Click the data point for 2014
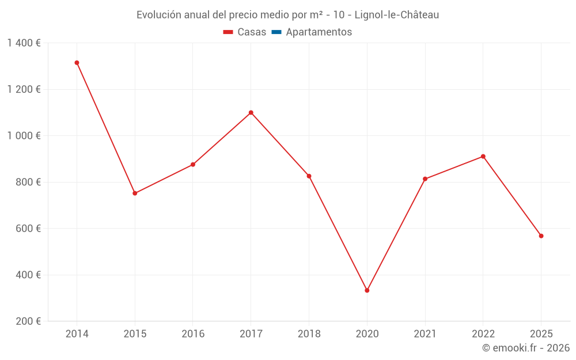(x=77, y=63)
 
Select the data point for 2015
(x=135, y=194)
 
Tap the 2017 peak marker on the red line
(x=251, y=113)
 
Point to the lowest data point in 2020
(x=367, y=290)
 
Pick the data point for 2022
(x=483, y=157)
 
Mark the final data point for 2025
(x=541, y=236)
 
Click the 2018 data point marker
(x=309, y=176)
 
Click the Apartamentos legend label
(x=319, y=32)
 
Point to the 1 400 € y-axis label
(x=24, y=43)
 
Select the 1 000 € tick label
(x=24, y=136)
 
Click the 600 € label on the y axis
(x=27, y=229)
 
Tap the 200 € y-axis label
(x=27, y=321)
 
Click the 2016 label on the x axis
(x=193, y=334)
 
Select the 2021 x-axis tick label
(x=425, y=334)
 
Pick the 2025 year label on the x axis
(x=541, y=334)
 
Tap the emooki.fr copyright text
(x=526, y=348)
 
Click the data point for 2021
(x=425, y=179)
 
